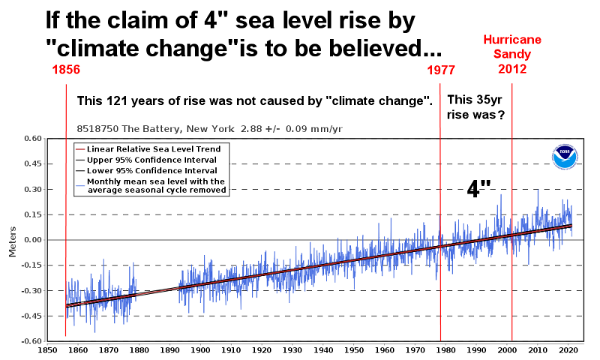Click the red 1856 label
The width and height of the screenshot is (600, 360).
tap(66, 70)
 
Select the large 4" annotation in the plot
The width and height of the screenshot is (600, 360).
tap(481, 187)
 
